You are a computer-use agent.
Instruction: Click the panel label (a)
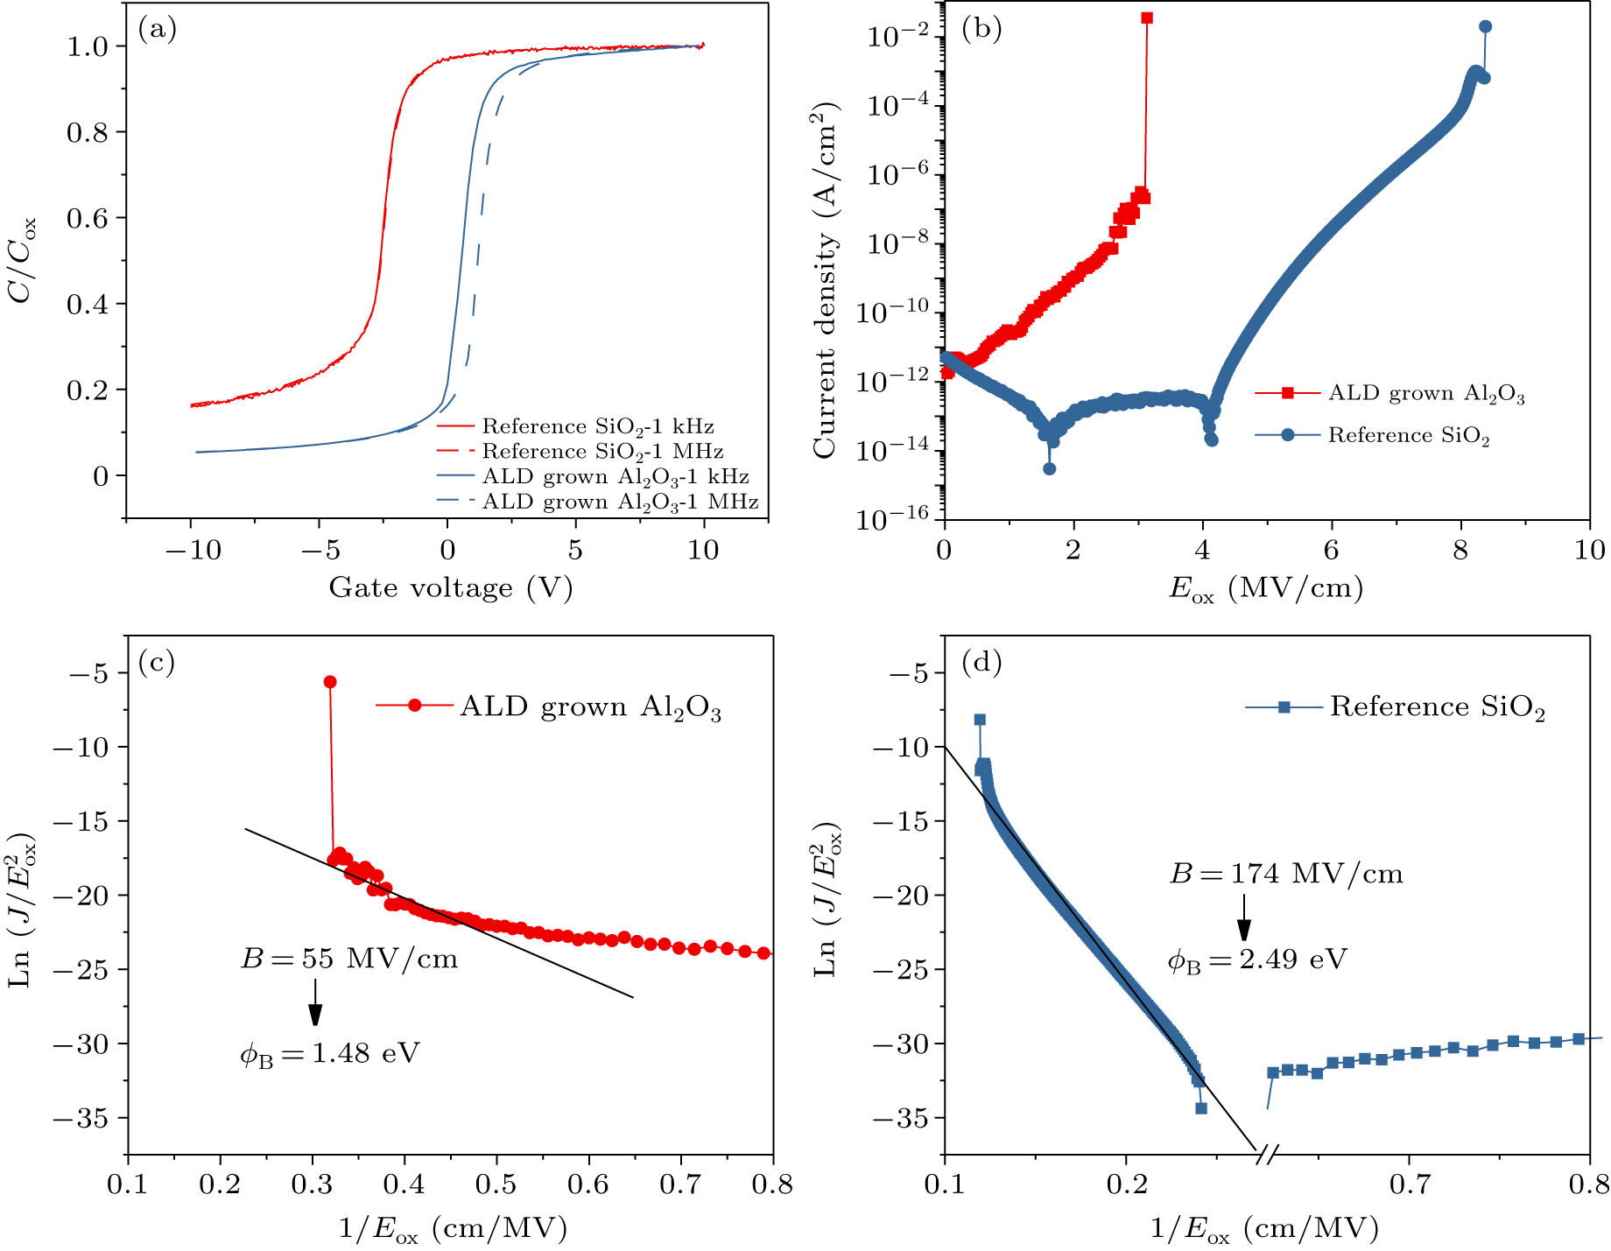pyautogui.click(x=158, y=30)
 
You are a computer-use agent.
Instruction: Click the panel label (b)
pyautogui.click(x=981, y=30)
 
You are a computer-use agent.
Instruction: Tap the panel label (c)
pyautogui.click(x=158, y=662)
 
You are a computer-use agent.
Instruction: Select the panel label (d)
pyautogui.click(x=981, y=662)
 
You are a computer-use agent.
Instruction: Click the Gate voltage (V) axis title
pyautogui.click(x=450, y=587)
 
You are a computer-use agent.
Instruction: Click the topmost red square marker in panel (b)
pyautogui.click(x=1147, y=18)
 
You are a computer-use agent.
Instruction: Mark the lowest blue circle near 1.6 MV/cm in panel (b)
pyautogui.click(x=1049, y=468)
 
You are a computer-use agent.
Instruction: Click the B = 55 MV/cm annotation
pyautogui.click(x=348, y=959)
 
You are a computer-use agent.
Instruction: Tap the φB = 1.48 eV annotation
pyautogui.click(x=329, y=1052)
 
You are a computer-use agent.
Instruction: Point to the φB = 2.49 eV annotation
pyautogui.click(x=1256, y=959)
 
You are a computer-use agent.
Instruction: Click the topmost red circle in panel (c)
pyautogui.click(x=330, y=682)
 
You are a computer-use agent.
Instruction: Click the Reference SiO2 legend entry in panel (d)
pyautogui.click(x=1436, y=707)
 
